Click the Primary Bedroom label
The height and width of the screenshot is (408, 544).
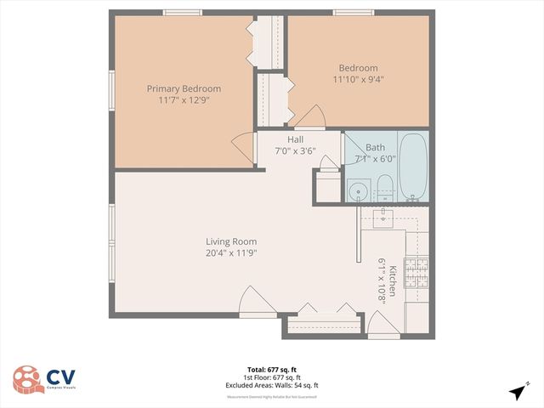click(x=184, y=88)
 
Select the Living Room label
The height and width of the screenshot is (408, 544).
click(x=230, y=241)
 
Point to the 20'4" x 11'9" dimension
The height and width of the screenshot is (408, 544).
click(x=230, y=252)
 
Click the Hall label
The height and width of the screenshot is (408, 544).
click(x=295, y=139)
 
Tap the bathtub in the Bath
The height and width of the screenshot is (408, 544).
click(x=412, y=167)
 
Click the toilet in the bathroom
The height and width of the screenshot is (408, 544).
click(x=383, y=188)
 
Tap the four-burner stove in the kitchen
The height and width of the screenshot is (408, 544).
click(x=416, y=272)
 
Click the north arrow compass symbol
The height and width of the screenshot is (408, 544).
click(x=517, y=392)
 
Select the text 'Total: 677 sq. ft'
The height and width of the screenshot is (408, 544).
click(x=271, y=369)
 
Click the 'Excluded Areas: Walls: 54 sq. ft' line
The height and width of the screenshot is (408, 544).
click(x=271, y=384)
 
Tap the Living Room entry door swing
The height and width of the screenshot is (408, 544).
click(x=255, y=301)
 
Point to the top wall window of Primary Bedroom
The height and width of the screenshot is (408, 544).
click(x=184, y=12)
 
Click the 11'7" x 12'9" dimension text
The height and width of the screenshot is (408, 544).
click(x=184, y=99)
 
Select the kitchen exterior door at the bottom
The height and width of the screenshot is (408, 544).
click(x=382, y=325)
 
